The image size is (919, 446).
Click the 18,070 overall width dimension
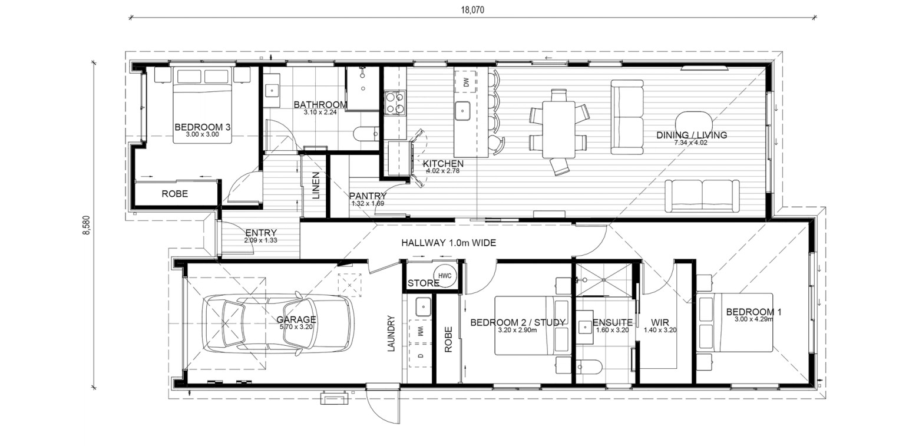point(472,10)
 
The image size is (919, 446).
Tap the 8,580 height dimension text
point(87,225)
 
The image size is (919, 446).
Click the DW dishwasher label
point(466,82)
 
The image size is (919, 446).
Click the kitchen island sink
point(462,111)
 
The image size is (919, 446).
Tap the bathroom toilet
point(366,134)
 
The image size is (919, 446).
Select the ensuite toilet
point(589,366)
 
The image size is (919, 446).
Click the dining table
point(558,130)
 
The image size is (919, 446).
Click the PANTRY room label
point(368,196)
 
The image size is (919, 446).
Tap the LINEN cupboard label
point(316,186)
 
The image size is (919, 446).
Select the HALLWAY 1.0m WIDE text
point(449,243)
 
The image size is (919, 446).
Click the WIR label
point(660,323)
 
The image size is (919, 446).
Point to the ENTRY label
point(261,233)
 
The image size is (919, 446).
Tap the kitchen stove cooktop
point(395,103)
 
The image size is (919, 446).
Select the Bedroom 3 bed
point(203,105)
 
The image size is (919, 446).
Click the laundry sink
point(423,307)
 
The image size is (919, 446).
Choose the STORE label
point(424,283)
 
